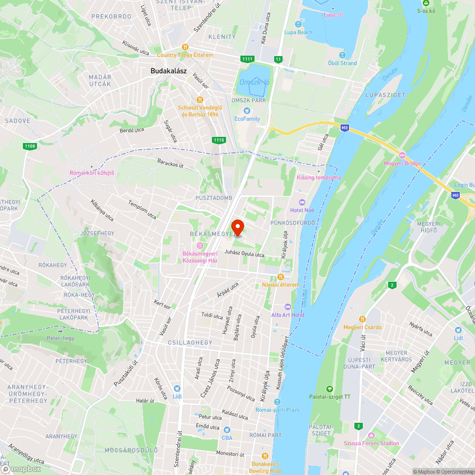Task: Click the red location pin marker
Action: pos(237,227)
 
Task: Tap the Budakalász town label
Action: pos(169,71)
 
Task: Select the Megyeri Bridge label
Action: pos(402,163)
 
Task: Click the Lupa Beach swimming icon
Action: pos(298,24)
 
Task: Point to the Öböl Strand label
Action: pos(342,63)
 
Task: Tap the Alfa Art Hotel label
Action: pos(288,315)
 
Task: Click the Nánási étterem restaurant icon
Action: pos(281,277)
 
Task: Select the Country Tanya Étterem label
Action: pos(185,55)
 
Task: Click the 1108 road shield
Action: pos(29,146)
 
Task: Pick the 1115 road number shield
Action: pos(218,140)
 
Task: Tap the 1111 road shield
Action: pos(247,59)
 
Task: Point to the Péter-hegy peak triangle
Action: pos(60,330)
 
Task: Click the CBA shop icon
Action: pos(227,429)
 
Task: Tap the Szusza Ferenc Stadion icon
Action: pos(371,435)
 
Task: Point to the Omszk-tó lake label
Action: pos(255,82)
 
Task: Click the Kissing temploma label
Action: pos(319,178)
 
